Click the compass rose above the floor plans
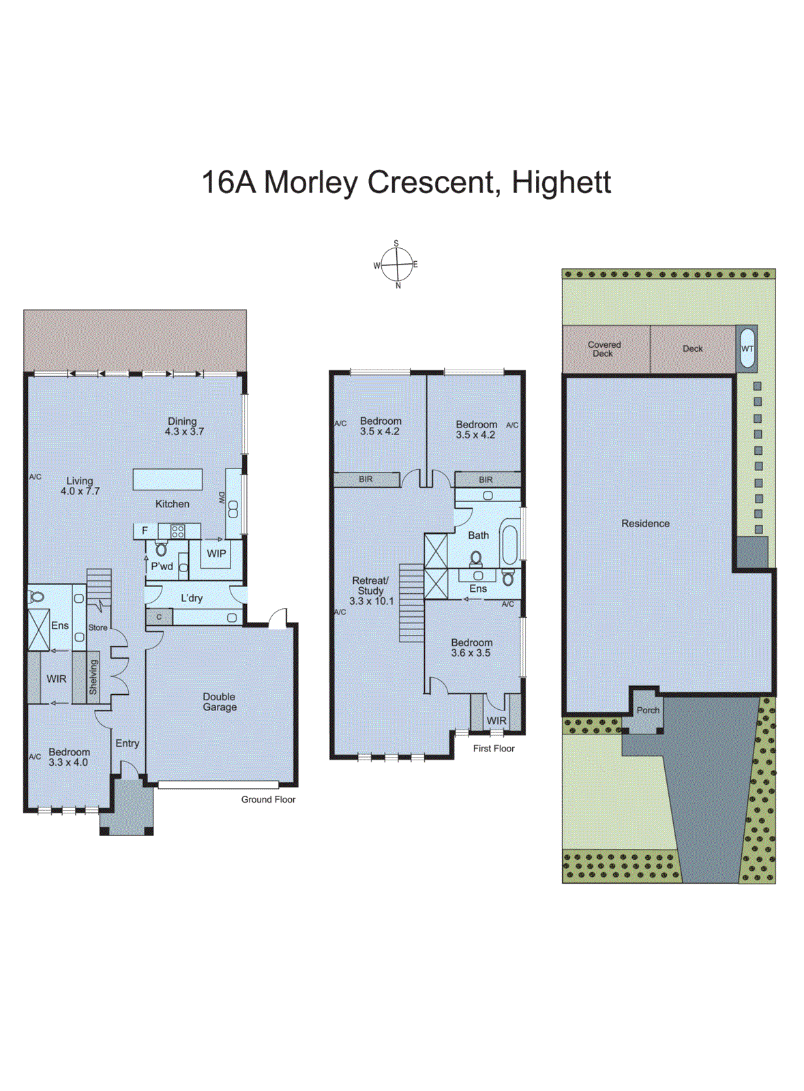[396, 265]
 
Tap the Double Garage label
[220, 702]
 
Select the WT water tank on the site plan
[747, 348]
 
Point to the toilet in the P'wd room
[161, 548]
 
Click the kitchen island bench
[168, 479]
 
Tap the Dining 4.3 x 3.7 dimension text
[184, 432]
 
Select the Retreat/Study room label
[371, 591]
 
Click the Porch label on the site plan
[648, 711]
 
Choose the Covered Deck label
[604, 349]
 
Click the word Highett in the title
[561, 182]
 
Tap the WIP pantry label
[216, 554]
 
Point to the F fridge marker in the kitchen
[145, 530]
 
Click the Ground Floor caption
[268, 799]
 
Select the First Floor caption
[494, 748]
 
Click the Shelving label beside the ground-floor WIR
[93, 677]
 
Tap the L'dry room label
[192, 598]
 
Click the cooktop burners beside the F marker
[177, 531]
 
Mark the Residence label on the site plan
[645, 524]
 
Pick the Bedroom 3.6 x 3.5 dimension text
[471, 653]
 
